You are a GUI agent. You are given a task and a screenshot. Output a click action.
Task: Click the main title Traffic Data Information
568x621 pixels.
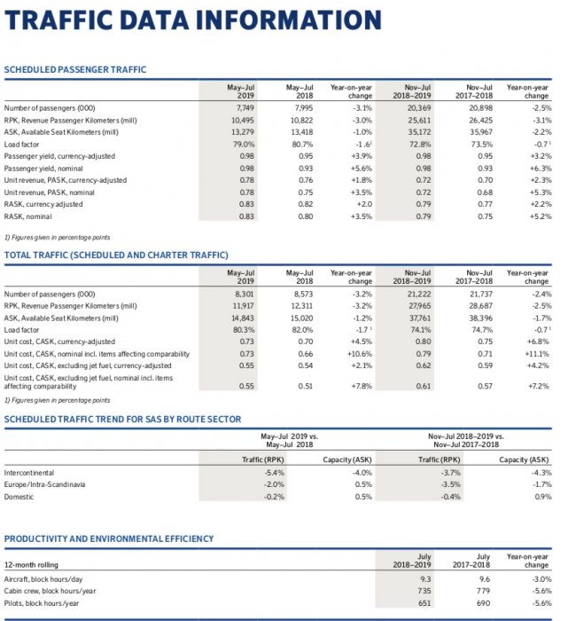pos(193,20)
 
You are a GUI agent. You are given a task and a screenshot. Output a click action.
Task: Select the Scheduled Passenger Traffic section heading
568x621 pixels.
pos(75,70)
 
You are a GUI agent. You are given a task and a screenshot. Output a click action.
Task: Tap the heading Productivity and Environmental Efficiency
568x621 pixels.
pos(109,538)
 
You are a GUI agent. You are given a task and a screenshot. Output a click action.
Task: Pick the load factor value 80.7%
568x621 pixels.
pos(302,144)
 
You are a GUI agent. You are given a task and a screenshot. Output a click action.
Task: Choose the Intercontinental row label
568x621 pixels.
pos(29,473)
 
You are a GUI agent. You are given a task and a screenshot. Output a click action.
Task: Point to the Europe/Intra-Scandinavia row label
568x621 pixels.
pos(45,485)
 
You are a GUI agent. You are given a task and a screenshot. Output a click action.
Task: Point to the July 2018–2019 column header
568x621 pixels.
pos(412,560)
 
